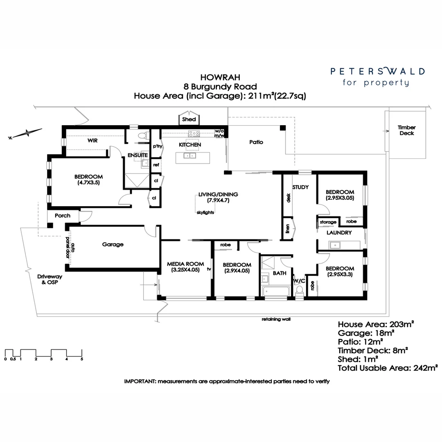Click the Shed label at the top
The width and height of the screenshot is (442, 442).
tap(189, 120)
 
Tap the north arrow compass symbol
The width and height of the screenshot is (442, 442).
tap(27, 133)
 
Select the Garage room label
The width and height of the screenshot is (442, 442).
tap(113, 244)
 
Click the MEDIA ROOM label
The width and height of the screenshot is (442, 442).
tap(185, 264)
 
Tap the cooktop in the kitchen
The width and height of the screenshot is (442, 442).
tap(193, 133)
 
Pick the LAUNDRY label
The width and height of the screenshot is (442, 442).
tap(339, 232)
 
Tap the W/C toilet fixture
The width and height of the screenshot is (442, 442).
tap(299, 290)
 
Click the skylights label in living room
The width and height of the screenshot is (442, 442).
tap(205, 212)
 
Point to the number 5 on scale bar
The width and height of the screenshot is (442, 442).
tap(82, 359)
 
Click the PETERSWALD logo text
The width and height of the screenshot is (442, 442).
tap(377, 71)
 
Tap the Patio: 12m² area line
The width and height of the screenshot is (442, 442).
tap(360, 341)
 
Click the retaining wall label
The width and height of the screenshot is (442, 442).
tap(276, 318)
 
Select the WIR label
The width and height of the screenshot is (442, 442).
tap(92, 140)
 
